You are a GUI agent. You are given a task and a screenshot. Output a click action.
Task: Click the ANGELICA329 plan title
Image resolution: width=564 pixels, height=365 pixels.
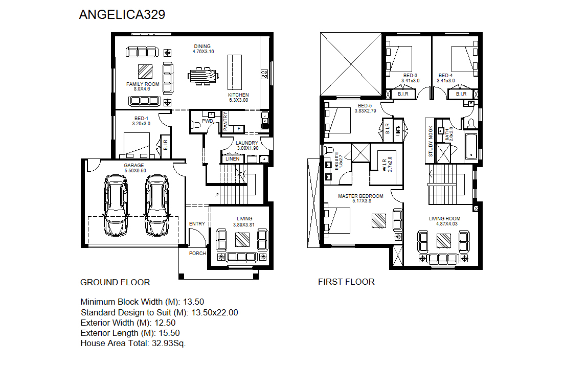point(122,14)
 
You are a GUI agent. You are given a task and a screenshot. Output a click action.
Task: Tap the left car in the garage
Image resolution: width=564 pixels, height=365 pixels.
point(116,206)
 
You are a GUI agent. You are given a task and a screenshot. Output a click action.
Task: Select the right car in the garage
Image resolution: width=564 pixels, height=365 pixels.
point(157,206)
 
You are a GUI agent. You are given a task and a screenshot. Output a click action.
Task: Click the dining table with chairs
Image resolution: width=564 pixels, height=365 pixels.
point(203,76)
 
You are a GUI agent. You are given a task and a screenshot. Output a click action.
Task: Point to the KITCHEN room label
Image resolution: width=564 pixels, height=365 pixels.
point(238,95)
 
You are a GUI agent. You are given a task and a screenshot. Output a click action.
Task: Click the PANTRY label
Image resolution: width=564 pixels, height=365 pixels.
point(225,121)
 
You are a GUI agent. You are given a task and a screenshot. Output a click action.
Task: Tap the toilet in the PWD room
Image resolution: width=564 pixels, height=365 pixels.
point(196,125)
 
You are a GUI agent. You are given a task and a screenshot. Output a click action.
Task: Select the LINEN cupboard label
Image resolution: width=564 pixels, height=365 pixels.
point(232,158)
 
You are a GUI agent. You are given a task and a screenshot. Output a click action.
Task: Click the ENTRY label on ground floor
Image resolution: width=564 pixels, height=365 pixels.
point(197,224)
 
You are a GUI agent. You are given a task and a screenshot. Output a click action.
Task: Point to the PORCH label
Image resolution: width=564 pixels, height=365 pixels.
point(197,253)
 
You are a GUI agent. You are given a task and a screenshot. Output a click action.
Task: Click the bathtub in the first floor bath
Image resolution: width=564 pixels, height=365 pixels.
point(471,146)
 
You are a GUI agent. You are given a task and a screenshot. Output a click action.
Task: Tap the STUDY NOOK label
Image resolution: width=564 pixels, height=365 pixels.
point(431,141)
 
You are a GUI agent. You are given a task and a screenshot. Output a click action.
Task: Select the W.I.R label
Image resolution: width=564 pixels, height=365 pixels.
point(385,164)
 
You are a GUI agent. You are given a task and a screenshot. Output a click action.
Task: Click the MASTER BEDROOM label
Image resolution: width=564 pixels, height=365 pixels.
point(360,196)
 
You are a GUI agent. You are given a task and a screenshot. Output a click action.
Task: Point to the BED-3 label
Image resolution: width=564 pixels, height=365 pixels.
point(411,76)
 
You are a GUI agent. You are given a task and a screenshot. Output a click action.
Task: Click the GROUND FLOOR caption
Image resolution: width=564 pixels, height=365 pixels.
point(115,282)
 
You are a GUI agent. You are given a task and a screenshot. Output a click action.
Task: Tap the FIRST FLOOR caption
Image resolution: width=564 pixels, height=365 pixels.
point(346,282)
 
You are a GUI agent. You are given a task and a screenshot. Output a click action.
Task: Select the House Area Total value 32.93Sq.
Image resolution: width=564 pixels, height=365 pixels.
point(169,343)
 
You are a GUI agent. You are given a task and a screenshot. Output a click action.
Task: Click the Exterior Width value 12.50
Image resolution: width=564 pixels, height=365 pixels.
point(165,323)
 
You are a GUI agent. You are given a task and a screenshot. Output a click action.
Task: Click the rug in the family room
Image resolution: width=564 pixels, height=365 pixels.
point(145,72)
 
